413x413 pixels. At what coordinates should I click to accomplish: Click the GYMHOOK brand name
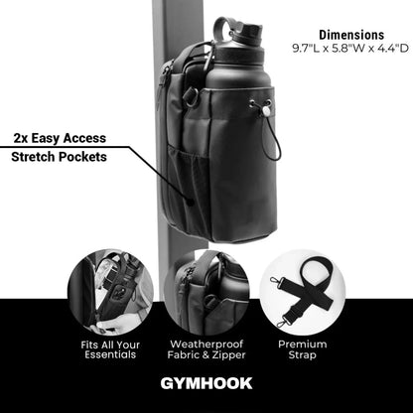pos(206,382)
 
